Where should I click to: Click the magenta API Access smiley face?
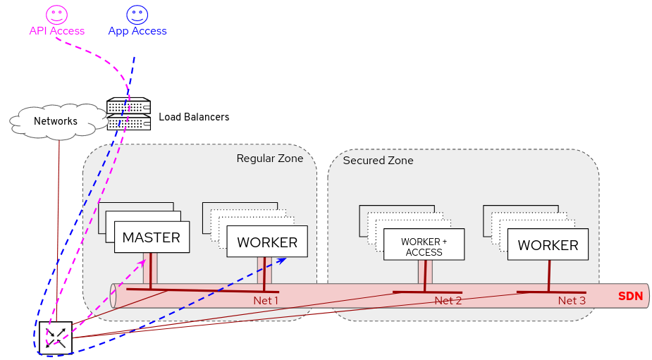coord(56,14)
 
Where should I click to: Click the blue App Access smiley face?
coord(137,14)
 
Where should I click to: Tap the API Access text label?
coord(56,31)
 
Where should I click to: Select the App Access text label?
coord(137,31)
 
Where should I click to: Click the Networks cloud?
coord(55,121)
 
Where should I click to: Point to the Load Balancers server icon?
coord(129,114)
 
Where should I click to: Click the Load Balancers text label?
coord(194,117)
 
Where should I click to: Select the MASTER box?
coord(152,238)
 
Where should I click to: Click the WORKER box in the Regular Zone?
coord(267,242)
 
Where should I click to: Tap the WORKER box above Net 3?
coord(548,245)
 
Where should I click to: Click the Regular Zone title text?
coord(269,159)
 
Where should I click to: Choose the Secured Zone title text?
coord(378,161)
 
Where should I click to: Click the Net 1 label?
coord(266,301)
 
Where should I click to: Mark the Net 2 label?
coord(448,301)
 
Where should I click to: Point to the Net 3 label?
coord(572,301)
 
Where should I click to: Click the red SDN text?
coord(630,297)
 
